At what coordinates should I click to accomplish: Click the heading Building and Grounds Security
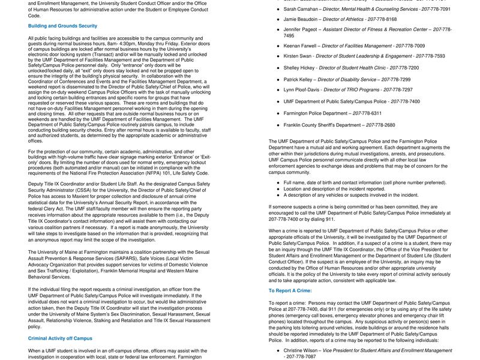pyautogui.click(x=62, y=26)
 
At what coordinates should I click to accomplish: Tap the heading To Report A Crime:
pyautogui.click(x=290, y=290)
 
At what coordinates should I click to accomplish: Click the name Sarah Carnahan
pyautogui.click(x=301, y=9)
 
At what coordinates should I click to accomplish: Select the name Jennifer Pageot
pyautogui.click(x=301, y=29)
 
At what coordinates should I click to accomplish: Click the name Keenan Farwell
pyautogui.click(x=300, y=46)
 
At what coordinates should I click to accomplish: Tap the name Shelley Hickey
pyautogui.click(x=299, y=68)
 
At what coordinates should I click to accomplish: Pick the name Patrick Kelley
pyautogui.click(x=298, y=79)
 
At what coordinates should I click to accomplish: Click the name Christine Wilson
pyautogui.click(x=302, y=350)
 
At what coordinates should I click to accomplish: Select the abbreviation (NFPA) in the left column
pyautogui.click(x=158, y=173)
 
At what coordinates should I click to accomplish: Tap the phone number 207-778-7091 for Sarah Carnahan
pyautogui.click(x=434, y=9)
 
